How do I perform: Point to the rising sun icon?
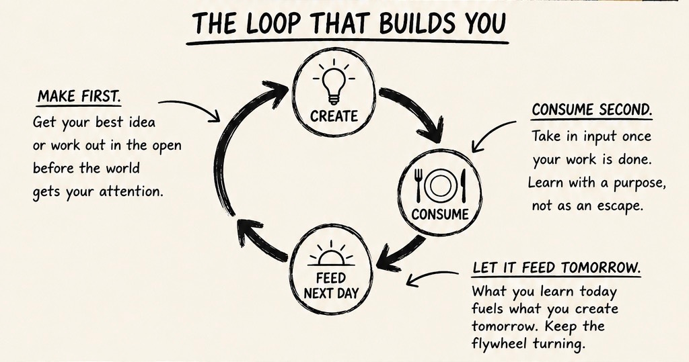331,254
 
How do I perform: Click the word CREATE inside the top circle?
334,116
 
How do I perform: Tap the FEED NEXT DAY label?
331,285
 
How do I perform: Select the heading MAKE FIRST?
79,96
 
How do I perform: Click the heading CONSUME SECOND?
592,109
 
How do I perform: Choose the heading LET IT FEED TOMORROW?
556,267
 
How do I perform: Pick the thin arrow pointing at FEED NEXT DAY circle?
433,276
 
